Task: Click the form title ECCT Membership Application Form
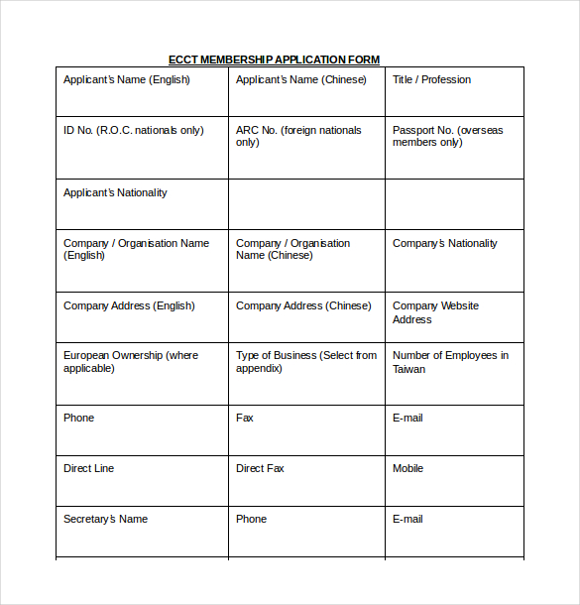pyautogui.click(x=274, y=60)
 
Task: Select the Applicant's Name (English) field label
pyautogui.click(x=126, y=79)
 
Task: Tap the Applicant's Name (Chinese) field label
pyautogui.click(x=298, y=79)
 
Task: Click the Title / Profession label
pyautogui.click(x=431, y=79)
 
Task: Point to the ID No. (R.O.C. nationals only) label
pyautogui.click(x=133, y=130)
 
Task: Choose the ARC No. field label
pyautogui.click(x=298, y=136)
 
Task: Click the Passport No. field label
pyautogui.click(x=447, y=136)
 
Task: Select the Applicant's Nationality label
pyautogui.click(x=115, y=192)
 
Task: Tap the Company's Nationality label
pyautogui.click(x=445, y=243)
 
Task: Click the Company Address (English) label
pyautogui.click(x=129, y=305)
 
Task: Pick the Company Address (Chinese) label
pyautogui.click(x=303, y=305)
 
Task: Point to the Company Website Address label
pyautogui.click(x=435, y=312)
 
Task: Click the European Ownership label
pyautogui.click(x=130, y=361)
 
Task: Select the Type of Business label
pyautogui.click(x=305, y=361)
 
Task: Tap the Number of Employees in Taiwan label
pyautogui.click(x=450, y=361)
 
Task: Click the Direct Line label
pyautogui.click(x=88, y=468)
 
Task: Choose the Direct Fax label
pyautogui.click(x=260, y=468)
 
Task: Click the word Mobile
pyautogui.click(x=407, y=468)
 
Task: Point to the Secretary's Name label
pyautogui.click(x=105, y=519)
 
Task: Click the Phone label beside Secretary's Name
pyautogui.click(x=251, y=519)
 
